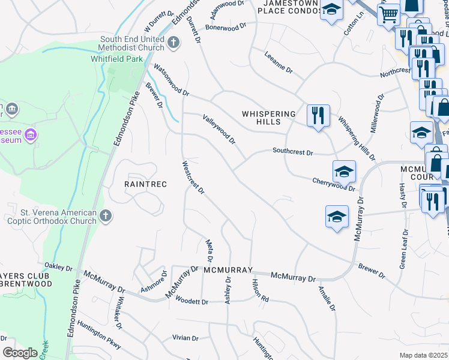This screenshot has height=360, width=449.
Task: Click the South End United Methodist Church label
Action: pos(132,43)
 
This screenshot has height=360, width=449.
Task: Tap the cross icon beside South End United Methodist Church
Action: pos(173,43)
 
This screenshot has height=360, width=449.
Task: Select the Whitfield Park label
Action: pos(117,59)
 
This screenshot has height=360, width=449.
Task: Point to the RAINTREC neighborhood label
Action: pos(145,184)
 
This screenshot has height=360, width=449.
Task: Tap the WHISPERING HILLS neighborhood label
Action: pos(269,118)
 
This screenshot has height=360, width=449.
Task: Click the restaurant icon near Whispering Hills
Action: pos(318,115)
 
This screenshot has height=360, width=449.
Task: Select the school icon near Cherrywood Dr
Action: pos(345,171)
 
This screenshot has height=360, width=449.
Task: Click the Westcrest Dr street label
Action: pos(194,177)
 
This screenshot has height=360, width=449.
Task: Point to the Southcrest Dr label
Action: pos(293,152)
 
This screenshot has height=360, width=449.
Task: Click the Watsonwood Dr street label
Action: pos(171,81)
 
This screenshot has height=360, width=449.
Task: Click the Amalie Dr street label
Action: pos(327,298)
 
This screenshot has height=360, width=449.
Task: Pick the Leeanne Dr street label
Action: pos(278,62)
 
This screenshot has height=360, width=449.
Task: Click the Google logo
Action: pos(20,352)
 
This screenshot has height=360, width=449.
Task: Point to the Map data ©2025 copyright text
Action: pos(424,355)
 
